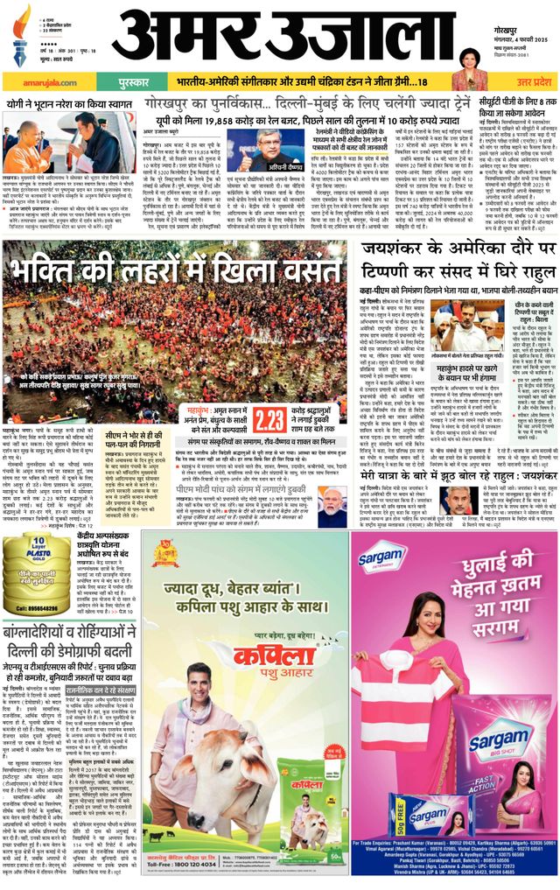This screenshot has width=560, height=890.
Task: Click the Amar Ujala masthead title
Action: click(x=288, y=36)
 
